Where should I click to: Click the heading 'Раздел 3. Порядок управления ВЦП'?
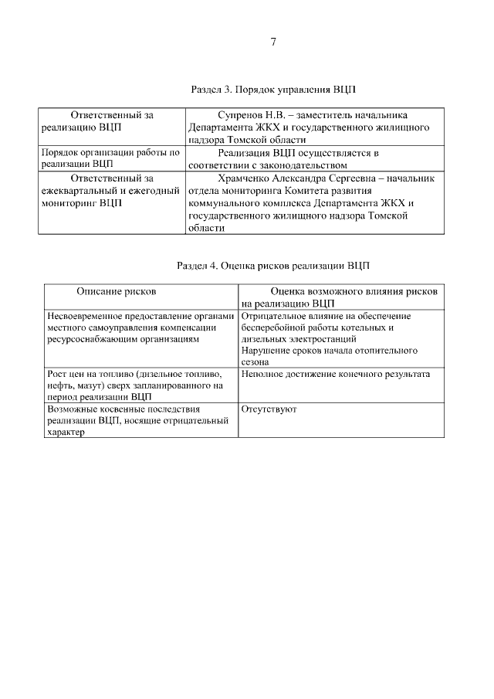point(273,90)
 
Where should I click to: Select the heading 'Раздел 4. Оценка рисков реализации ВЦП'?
point(273,265)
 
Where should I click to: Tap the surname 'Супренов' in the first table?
point(242,114)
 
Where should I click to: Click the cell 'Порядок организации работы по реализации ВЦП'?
point(111,158)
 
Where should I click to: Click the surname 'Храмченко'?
point(246,178)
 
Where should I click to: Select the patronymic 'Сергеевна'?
point(360,178)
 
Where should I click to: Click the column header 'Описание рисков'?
point(116,292)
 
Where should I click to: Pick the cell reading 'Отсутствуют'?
point(269,409)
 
